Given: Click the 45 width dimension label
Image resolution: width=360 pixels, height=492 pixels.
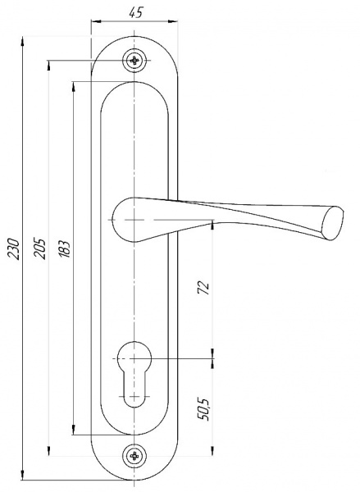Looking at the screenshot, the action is click(x=135, y=12).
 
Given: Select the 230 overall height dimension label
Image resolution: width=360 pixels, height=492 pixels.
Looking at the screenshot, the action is click(x=14, y=248).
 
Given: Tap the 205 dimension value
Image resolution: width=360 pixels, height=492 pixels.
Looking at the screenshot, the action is click(x=40, y=248).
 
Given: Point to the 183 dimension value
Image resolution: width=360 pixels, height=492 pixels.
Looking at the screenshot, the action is click(x=64, y=249).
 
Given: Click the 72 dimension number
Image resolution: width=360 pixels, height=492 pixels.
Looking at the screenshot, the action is click(x=203, y=287).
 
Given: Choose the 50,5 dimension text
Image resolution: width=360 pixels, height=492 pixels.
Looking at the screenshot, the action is click(x=203, y=409).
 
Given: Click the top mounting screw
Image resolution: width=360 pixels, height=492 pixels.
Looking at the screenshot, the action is click(x=134, y=60).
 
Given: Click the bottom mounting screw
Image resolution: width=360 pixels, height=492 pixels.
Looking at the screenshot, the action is click(x=134, y=456).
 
